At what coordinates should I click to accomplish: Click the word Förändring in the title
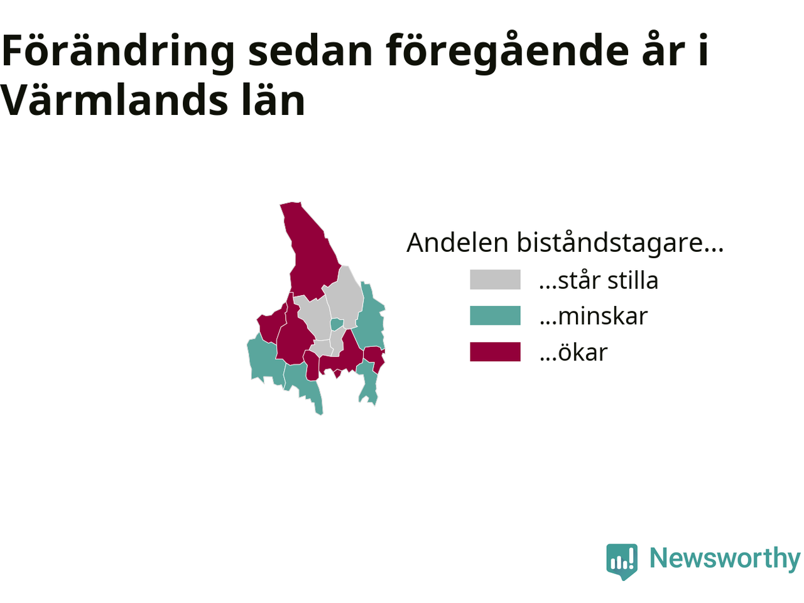(118, 52)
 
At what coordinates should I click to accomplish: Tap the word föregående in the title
(508, 52)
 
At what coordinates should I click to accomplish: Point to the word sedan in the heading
(310, 52)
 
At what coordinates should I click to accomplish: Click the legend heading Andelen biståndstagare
(565, 242)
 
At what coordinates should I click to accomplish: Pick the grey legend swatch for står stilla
(494, 280)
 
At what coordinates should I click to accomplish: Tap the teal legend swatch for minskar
(494, 315)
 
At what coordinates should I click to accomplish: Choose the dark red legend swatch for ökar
(494, 352)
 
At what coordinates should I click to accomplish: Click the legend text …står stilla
(599, 280)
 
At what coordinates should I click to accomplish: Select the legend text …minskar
(594, 316)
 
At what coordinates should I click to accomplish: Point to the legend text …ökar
(573, 352)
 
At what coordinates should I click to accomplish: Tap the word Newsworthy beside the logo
(725, 558)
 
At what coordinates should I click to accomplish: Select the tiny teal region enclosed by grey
(336, 324)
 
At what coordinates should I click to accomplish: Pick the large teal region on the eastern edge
(371, 318)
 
